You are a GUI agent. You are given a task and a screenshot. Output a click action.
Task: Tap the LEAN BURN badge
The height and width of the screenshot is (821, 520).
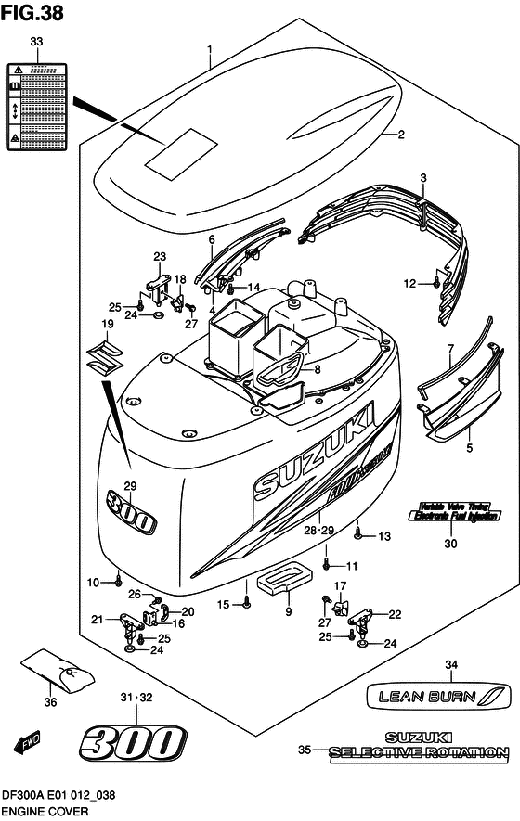(x=438, y=694)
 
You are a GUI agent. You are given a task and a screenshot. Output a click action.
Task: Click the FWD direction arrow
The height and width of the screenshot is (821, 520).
(x=27, y=742)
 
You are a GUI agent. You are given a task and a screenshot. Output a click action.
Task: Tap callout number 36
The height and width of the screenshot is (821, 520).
(x=50, y=702)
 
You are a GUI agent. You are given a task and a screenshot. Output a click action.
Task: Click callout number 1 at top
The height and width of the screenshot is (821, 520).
(x=210, y=48)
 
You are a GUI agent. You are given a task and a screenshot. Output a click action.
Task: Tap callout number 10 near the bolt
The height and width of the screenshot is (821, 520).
(x=93, y=582)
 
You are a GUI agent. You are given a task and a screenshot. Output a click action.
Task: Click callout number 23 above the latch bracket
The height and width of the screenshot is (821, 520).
(x=160, y=257)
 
